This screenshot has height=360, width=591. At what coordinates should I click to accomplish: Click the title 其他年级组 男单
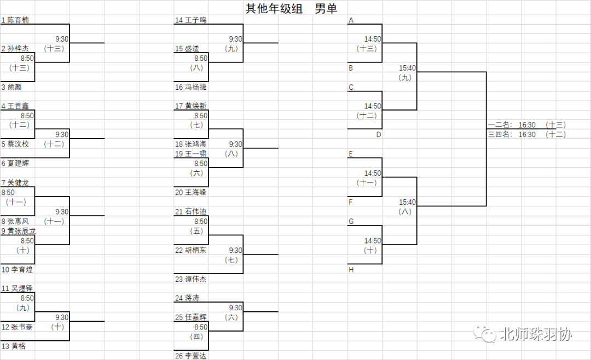point(291,8)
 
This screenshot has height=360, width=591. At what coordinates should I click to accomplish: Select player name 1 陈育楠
point(15,20)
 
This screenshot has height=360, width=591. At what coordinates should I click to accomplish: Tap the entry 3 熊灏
point(11,87)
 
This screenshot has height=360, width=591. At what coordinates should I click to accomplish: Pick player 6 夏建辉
point(15,163)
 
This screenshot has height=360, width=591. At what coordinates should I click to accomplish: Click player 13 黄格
point(13,346)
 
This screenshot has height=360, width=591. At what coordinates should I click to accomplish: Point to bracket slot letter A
point(351,20)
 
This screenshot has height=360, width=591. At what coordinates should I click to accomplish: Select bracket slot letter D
point(378,135)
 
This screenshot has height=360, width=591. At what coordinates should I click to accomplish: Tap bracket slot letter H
point(351,269)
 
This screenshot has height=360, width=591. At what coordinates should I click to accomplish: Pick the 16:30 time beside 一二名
point(527,125)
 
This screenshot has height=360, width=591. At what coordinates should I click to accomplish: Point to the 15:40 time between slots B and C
point(407,68)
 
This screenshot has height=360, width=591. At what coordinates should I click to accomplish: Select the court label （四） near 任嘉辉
point(196,336)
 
